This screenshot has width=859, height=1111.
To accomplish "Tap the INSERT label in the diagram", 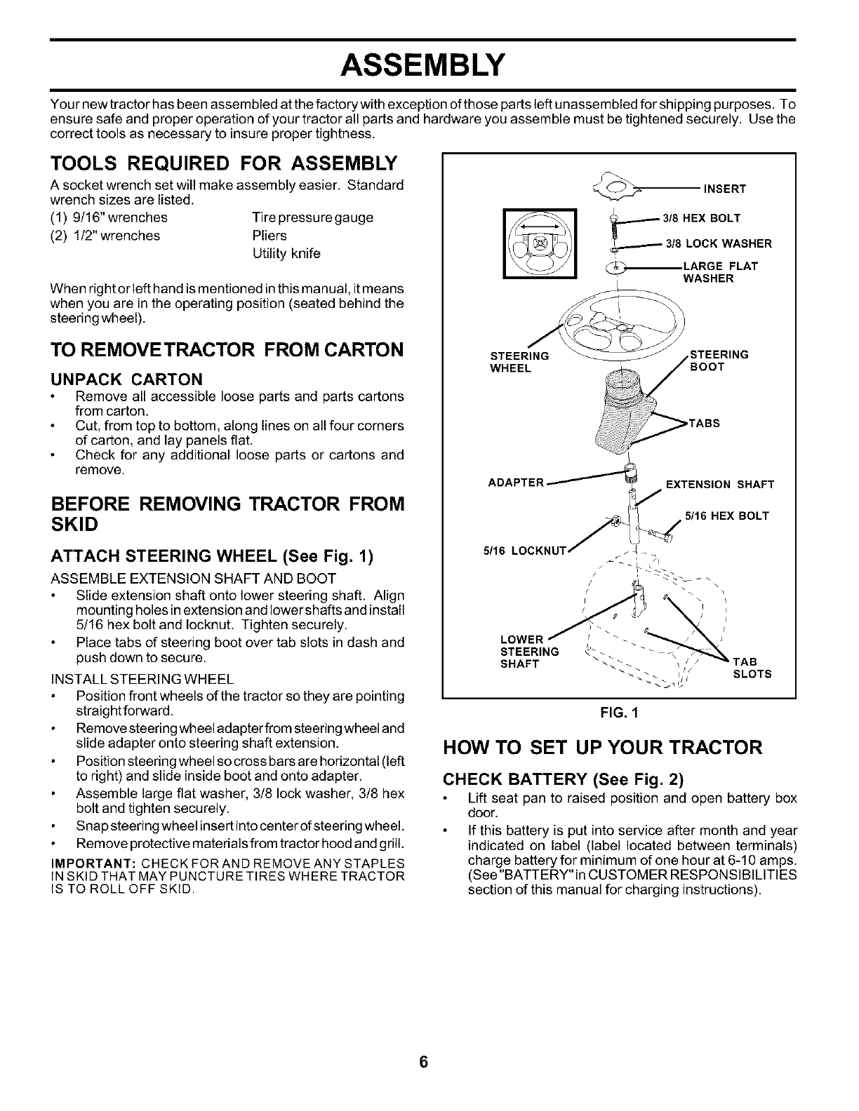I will [725, 189].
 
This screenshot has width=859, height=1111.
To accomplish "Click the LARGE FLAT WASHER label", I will [720, 272].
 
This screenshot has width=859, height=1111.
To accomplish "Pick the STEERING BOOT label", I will [720, 361].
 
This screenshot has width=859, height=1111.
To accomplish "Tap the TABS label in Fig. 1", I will [705, 424].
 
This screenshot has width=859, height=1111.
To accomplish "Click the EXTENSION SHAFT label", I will [719, 485].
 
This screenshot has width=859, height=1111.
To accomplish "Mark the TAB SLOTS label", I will [752, 668].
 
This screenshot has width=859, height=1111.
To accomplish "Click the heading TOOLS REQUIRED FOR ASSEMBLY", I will [224, 165].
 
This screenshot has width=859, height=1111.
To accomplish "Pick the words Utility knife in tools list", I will [286, 253].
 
